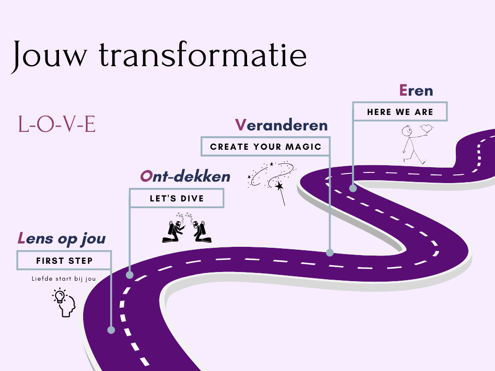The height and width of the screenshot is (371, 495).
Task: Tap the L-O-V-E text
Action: click(x=57, y=125)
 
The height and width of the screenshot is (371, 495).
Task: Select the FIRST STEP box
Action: click(x=64, y=260)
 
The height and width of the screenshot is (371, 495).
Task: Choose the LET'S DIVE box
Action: click(x=176, y=198)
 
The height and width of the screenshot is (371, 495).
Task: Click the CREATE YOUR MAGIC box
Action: click(x=266, y=146)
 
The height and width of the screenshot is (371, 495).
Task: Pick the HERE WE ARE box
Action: click(x=400, y=112)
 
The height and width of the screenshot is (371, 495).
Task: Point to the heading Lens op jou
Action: click(x=62, y=238)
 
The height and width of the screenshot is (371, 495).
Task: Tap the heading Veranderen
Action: click(x=281, y=125)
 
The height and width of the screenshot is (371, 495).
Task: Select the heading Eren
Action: click(x=416, y=90)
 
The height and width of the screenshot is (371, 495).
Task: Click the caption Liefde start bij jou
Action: click(x=64, y=279)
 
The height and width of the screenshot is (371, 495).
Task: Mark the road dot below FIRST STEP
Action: click(x=111, y=330)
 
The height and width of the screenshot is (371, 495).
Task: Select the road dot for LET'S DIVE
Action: click(x=130, y=275)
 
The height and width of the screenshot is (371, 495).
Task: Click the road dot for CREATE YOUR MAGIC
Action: click(x=330, y=252)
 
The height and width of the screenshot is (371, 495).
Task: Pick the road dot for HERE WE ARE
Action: click(x=353, y=188)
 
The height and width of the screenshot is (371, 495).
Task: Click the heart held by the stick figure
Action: click(x=426, y=129)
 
